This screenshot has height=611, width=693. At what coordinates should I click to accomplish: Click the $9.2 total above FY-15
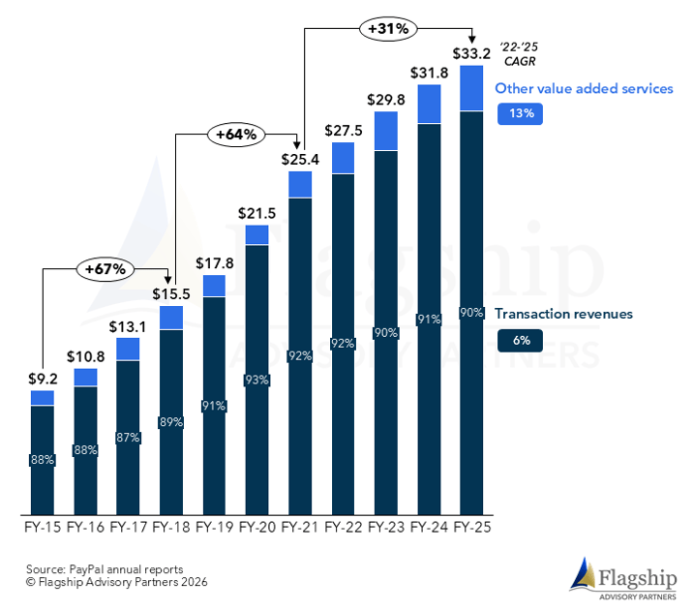tap(42, 381)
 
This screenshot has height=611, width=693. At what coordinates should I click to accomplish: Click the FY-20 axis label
tap(256, 528)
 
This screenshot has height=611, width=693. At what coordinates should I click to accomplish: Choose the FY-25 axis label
tap(471, 528)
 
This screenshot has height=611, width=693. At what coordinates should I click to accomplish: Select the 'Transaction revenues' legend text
tap(563, 314)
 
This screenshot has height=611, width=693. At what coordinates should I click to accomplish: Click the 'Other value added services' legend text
tap(584, 88)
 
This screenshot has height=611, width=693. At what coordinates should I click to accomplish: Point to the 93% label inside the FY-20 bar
tap(256, 381)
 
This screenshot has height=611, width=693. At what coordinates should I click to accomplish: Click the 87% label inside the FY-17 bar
tap(128, 437)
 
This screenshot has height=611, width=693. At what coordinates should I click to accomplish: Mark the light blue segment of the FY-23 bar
tap(386, 131)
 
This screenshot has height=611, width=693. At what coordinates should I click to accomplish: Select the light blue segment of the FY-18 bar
tap(171, 318)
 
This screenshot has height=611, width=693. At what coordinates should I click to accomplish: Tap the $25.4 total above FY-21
tap(300, 159)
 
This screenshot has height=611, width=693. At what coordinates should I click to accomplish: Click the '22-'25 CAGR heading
tap(513, 51)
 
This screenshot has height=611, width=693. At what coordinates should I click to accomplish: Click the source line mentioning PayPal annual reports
tap(105, 568)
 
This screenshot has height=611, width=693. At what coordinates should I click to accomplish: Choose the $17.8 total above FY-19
tap(214, 262)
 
